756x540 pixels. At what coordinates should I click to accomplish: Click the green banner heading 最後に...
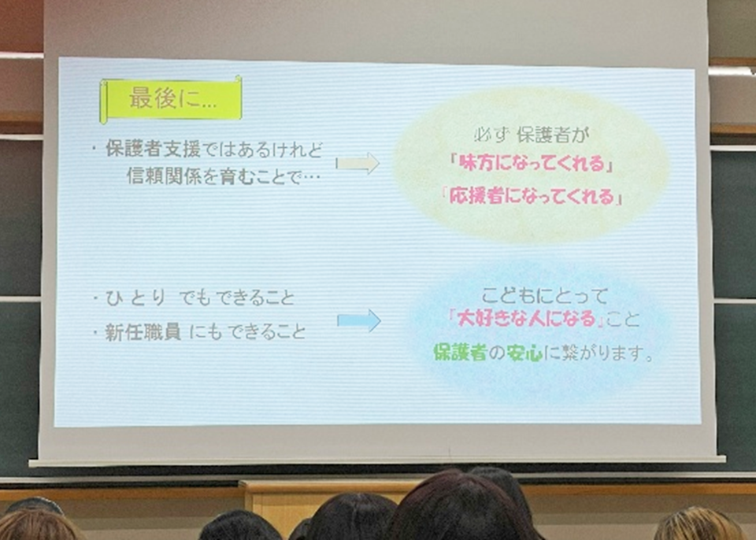(171, 99)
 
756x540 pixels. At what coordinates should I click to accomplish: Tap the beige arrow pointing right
(358, 164)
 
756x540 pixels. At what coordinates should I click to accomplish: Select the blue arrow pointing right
(359, 320)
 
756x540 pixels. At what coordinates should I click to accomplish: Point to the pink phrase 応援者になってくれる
(532, 196)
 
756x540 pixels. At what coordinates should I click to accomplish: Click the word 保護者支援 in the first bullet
(153, 149)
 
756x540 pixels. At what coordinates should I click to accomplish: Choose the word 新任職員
(143, 331)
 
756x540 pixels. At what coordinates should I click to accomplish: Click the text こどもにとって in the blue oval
(545, 295)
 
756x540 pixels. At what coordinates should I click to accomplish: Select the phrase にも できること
(247, 331)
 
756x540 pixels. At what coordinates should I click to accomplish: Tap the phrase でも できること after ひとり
(236, 298)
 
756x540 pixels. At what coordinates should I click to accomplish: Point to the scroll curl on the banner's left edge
(103, 102)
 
